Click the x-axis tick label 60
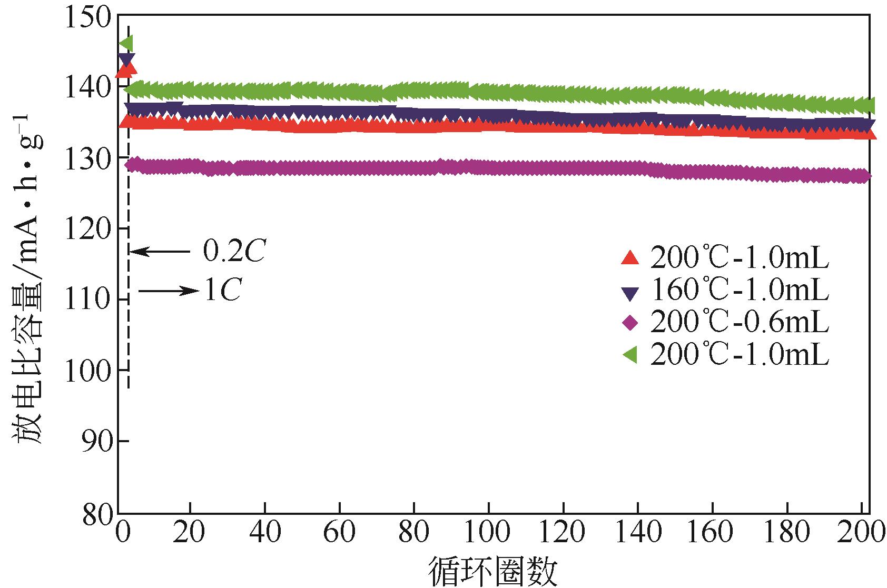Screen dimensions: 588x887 (339, 533)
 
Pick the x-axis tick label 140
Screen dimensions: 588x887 (638, 533)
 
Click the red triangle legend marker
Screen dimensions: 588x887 (630, 258)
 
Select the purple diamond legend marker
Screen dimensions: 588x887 (630, 323)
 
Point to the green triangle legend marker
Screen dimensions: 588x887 (630, 356)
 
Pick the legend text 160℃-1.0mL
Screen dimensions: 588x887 (740, 290)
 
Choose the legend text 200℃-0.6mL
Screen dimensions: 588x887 (740, 322)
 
